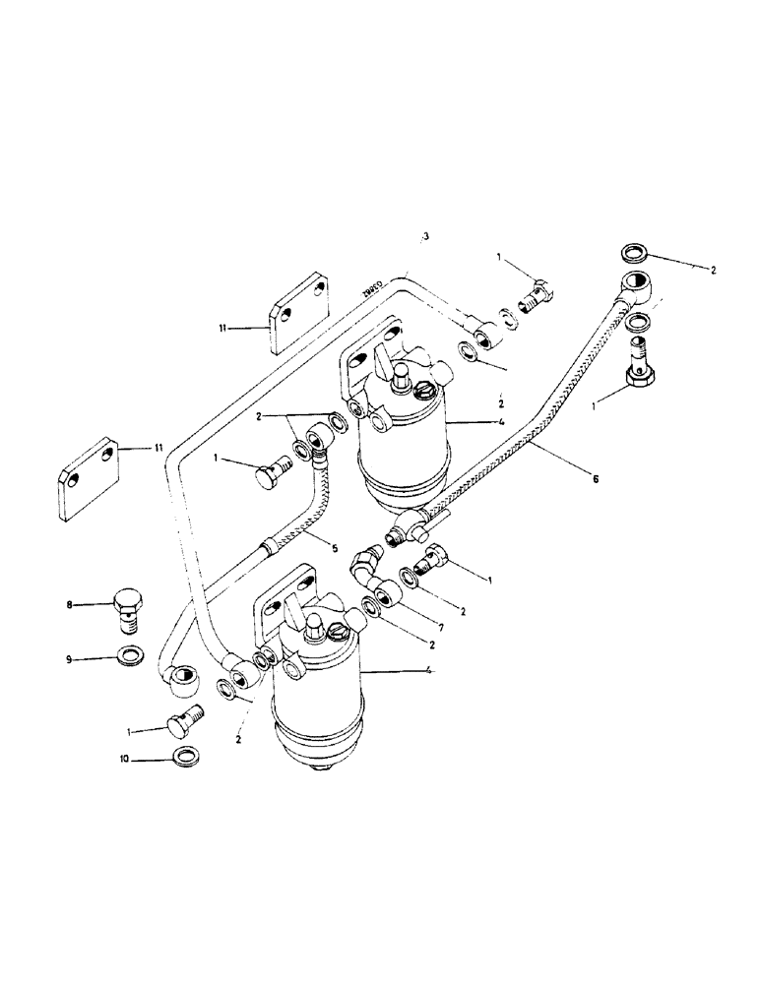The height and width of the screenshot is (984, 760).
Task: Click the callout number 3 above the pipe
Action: pyautogui.click(x=425, y=237)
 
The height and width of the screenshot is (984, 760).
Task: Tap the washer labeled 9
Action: pyautogui.click(x=127, y=655)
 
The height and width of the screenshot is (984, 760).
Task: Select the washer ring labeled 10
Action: pyautogui.click(x=185, y=758)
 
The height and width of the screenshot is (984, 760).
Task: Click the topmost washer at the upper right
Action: pyautogui.click(x=635, y=251)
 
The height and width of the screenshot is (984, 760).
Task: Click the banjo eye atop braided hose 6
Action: pyautogui.click(x=628, y=285)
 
